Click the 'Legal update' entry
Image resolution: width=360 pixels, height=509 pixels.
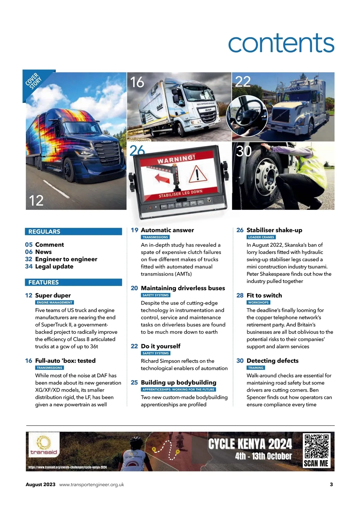point(54,267)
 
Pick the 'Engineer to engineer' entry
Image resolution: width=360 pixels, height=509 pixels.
point(66,259)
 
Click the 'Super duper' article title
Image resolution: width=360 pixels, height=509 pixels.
point(53,295)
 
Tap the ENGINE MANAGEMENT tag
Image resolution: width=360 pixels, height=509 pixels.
point(55,303)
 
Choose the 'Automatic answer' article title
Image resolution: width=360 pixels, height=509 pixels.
point(167,230)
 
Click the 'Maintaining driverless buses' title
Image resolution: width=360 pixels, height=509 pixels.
point(183,288)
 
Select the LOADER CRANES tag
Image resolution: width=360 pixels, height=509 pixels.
point(261,237)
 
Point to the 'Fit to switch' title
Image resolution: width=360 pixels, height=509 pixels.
point(264,295)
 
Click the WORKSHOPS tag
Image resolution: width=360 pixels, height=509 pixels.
point(258,303)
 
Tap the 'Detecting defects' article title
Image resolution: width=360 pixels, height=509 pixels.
point(272,361)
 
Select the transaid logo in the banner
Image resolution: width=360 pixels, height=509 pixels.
point(44,446)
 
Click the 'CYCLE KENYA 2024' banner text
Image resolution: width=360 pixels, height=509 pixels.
point(250,444)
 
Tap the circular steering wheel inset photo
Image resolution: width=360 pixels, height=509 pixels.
point(247,116)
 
